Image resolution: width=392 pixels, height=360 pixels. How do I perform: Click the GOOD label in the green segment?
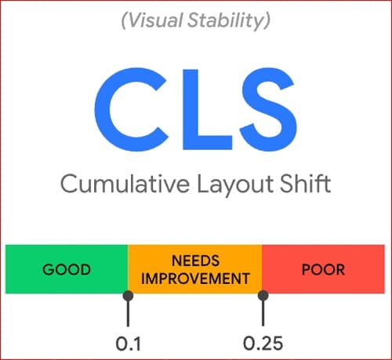(x=67, y=269)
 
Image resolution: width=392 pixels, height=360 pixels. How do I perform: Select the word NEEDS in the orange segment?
(x=194, y=260)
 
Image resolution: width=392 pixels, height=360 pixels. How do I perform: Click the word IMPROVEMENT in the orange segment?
(x=194, y=278)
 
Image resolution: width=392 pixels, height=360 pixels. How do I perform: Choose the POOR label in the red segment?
(x=324, y=269)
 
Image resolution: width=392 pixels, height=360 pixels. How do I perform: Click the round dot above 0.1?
(x=128, y=296)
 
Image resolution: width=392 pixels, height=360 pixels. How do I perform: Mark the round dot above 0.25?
(x=263, y=296)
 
